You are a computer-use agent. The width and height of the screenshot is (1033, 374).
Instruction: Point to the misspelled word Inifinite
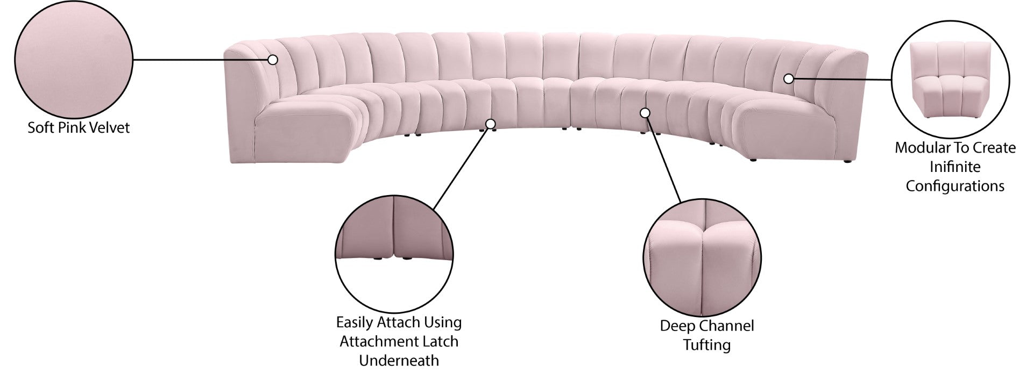pyautogui.click(x=955, y=167)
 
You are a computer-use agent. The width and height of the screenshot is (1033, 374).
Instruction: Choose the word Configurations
pyautogui.click(x=955, y=186)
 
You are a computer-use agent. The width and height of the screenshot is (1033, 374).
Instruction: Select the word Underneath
pyautogui.click(x=399, y=361)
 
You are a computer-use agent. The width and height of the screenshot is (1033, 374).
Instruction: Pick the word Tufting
pyautogui.click(x=707, y=345)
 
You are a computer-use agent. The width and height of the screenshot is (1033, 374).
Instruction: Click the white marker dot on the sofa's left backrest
pyautogui.click(x=273, y=60)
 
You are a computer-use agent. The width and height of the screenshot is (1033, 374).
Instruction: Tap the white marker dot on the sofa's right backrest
pyautogui.click(x=788, y=78)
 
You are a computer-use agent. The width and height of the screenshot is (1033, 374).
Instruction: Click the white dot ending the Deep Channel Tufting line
pyautogui.click(x=645, y=113)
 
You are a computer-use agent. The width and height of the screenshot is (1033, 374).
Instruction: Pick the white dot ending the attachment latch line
pyautogui.click(x=490, y=124)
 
